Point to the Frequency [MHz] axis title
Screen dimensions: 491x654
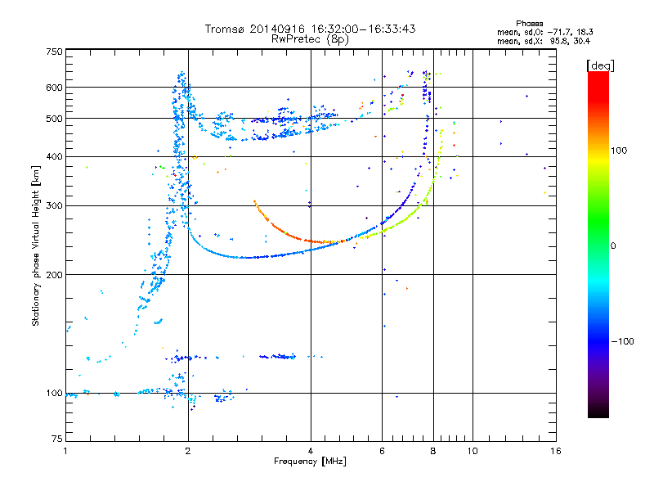[x=310, y=462]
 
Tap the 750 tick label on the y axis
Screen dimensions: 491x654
[x=55, y=51]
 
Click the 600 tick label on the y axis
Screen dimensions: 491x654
[x=55, y=88]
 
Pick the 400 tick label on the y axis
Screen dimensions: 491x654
[x=55, y=156]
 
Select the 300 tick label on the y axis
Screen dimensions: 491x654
[x=55, y=205]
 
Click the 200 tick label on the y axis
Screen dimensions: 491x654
[x=55, y=274]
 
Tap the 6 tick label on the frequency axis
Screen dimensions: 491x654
[x=383, y=451]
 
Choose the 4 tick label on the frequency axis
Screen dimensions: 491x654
[x=311, y=451]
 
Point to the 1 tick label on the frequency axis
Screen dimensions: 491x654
[x=65, y=451]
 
